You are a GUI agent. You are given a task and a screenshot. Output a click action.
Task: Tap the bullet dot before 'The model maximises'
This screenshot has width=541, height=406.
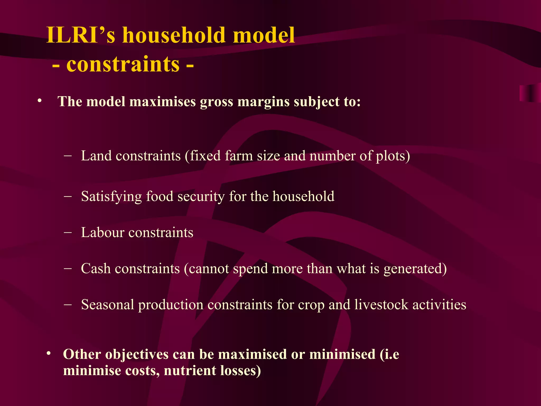pos(40,101)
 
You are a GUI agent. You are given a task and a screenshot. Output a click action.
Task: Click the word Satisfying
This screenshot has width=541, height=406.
pos(111,196)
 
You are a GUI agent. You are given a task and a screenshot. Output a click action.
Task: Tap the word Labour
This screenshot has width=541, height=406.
pos(102,233)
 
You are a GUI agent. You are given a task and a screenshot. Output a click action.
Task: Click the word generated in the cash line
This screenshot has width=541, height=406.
pos(412,269)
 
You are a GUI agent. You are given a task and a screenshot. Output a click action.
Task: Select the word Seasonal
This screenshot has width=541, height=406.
pos(108,304)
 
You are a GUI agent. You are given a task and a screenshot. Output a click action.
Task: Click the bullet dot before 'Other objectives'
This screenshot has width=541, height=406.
pos(48,354)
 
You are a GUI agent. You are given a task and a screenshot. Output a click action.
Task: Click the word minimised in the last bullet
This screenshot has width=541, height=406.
pos(342,354)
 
